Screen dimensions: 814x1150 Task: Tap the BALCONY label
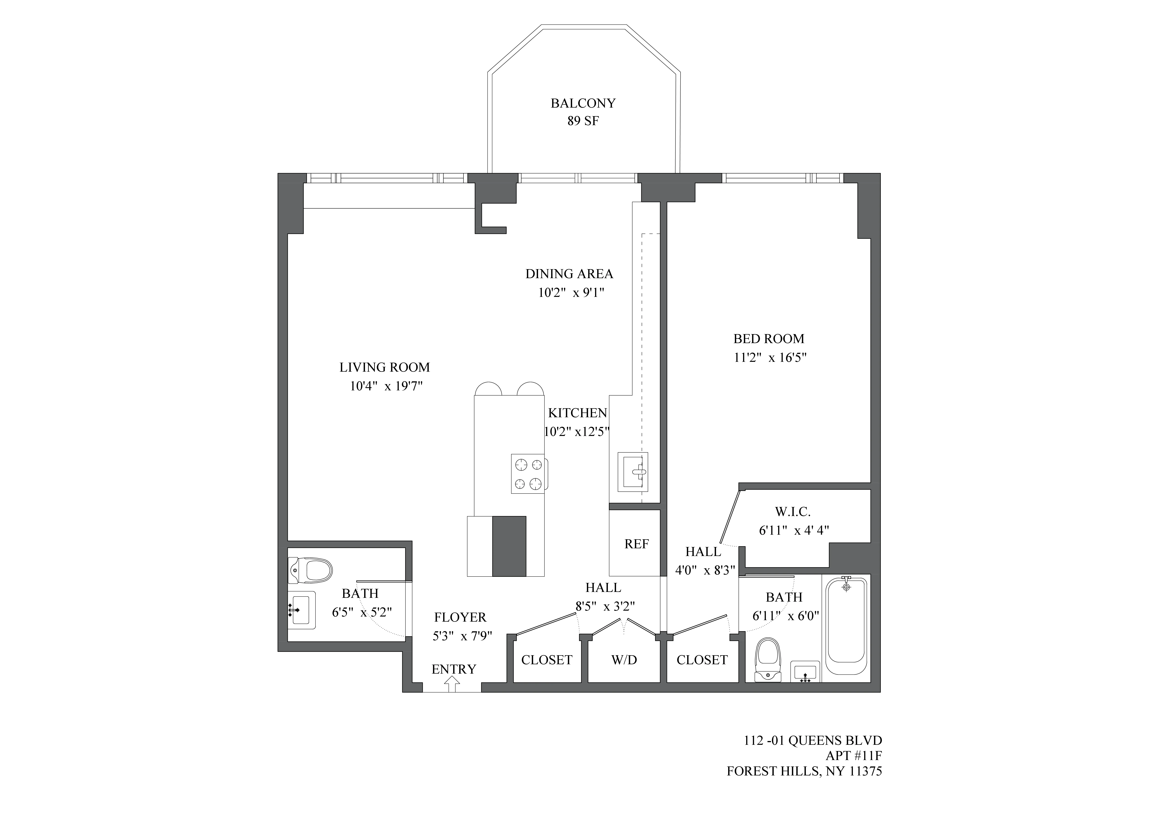tap(583, 103)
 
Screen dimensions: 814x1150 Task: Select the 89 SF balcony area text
tap(583, 121)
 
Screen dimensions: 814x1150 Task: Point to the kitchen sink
tap(633, 472)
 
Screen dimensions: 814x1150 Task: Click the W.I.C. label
tap(792, 512)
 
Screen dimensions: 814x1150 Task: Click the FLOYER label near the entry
tap(460, 617)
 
